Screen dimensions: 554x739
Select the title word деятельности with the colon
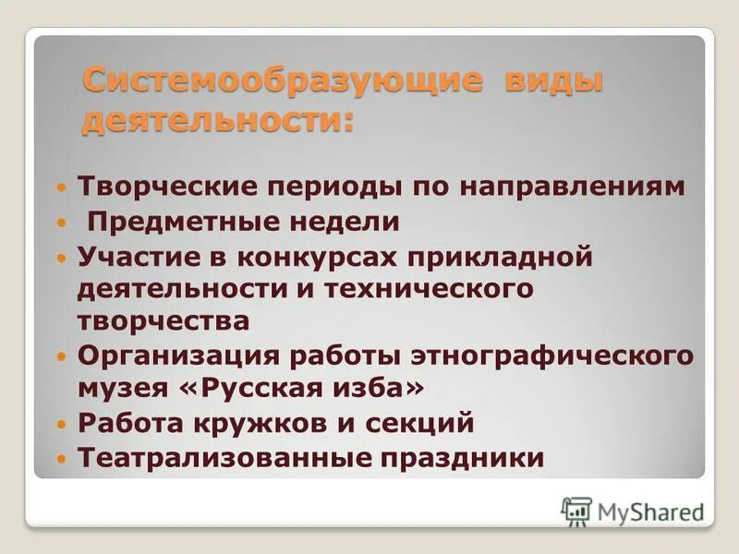pyautogui.click(x=218, y=120)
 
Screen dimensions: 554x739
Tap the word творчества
pyautogui.click(x=164, y=320)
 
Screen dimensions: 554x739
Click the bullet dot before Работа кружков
pyautogui.click(x=61, y=425)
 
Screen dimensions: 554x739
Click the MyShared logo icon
pyautogui.click(x=576, y=511)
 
